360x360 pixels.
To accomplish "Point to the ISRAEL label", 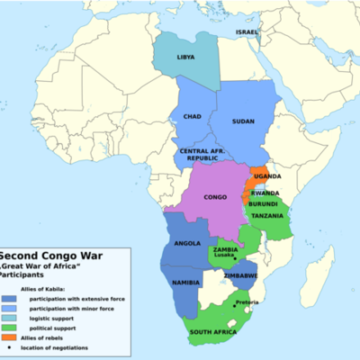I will (x=247, y=31).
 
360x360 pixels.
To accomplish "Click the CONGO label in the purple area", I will (x=215, y=196).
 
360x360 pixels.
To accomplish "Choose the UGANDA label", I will (x=267, y=177).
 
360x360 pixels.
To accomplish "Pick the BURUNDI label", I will (x=264, y=203).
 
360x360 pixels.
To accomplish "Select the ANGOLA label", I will (x=186, y=243).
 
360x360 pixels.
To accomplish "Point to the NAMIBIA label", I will (x=186, y=283).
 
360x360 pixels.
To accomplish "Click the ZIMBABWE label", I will (x=242, y=274).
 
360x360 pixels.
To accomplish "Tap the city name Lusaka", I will (x=225, y=255).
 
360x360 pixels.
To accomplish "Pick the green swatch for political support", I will (x=8, y=326).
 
